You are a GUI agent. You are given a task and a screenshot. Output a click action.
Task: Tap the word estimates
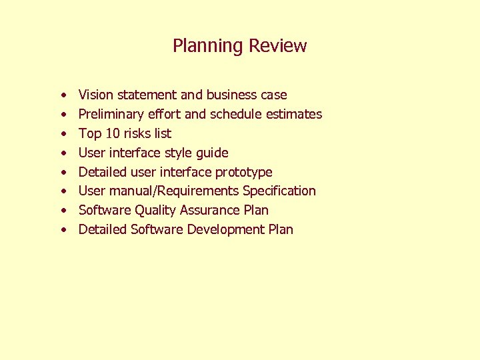pos(294,115)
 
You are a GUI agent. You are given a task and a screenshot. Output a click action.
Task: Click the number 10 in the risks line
pos(113,133)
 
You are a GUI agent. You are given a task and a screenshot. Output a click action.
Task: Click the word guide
pos(212,153)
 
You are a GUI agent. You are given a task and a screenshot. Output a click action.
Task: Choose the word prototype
pos(244,172)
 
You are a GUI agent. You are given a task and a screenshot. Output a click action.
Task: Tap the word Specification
pos(279,191)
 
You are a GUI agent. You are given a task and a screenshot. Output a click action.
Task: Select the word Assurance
pos(211,211)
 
